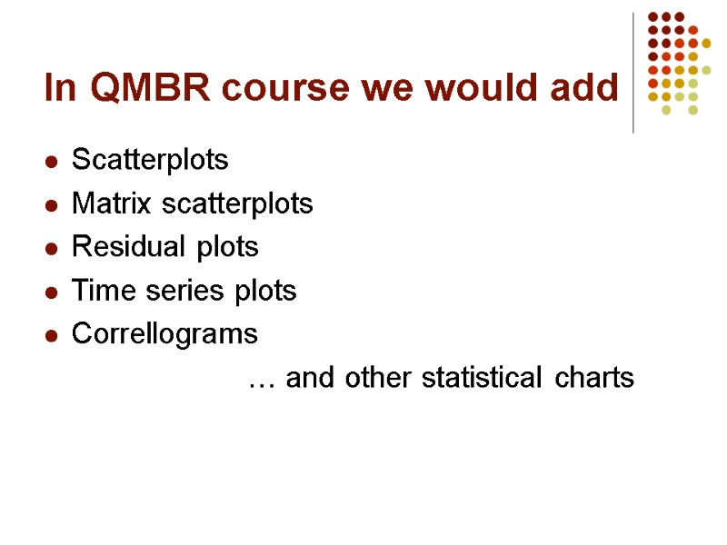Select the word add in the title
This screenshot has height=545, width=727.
tap(583, 88)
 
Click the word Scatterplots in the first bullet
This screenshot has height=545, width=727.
tap(150, 161)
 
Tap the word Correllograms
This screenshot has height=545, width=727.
tap(164, 334)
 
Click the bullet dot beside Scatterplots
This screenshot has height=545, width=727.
tap(53, 163)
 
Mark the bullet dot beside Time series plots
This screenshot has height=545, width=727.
tap(53, 292)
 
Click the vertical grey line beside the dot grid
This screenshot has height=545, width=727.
tap(633, 73)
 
